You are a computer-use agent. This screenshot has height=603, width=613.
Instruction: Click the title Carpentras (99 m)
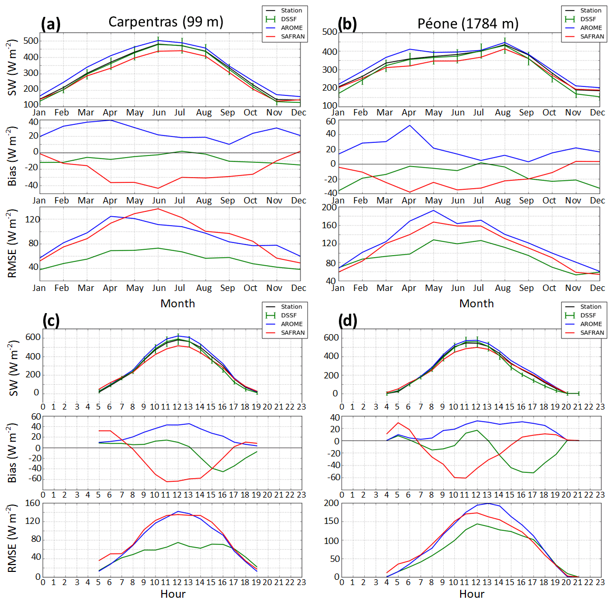(166, 22)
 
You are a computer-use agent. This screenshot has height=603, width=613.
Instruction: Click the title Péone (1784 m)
(468, 24)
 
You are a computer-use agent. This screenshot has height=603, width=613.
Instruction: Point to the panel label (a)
(51, 24)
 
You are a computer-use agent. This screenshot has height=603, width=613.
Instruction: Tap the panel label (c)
(51, 320)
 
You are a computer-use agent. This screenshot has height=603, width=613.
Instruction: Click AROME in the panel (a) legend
(291, 28)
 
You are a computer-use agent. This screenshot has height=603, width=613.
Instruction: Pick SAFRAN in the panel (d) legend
(592, 333)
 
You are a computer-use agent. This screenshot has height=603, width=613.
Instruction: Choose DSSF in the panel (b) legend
(588, 19)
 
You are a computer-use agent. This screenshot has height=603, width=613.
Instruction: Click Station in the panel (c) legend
(291, 306)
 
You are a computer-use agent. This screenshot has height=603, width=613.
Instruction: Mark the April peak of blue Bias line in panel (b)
(410, 125)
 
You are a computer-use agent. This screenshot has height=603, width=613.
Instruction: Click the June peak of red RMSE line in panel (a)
(159, 209)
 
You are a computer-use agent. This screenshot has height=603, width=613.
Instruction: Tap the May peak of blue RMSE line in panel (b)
(433, 210)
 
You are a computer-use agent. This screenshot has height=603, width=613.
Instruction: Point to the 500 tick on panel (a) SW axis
(32, 41)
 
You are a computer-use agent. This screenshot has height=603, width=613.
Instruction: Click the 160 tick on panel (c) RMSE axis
(33, 503)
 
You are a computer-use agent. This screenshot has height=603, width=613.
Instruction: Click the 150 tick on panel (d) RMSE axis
(330, 522)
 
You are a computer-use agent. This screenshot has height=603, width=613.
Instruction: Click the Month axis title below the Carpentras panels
(178, 304)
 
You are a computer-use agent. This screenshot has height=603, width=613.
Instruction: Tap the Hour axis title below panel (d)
(472, 594)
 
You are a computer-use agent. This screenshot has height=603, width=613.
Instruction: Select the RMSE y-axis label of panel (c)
(13, 539)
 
